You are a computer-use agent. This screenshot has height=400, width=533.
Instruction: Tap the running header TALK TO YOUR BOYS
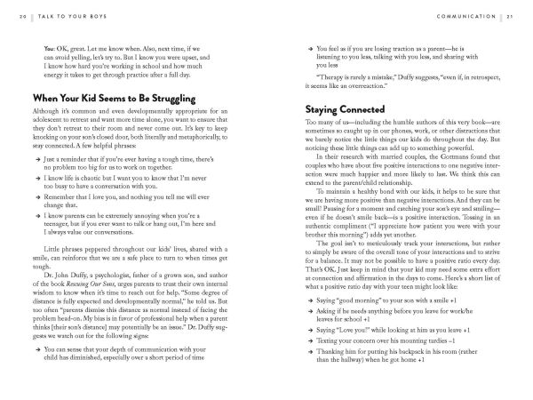tap(57, 18)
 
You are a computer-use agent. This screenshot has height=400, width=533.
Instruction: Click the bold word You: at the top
tap(48, 45)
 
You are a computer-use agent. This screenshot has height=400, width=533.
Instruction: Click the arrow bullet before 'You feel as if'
tap(306, 45)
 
